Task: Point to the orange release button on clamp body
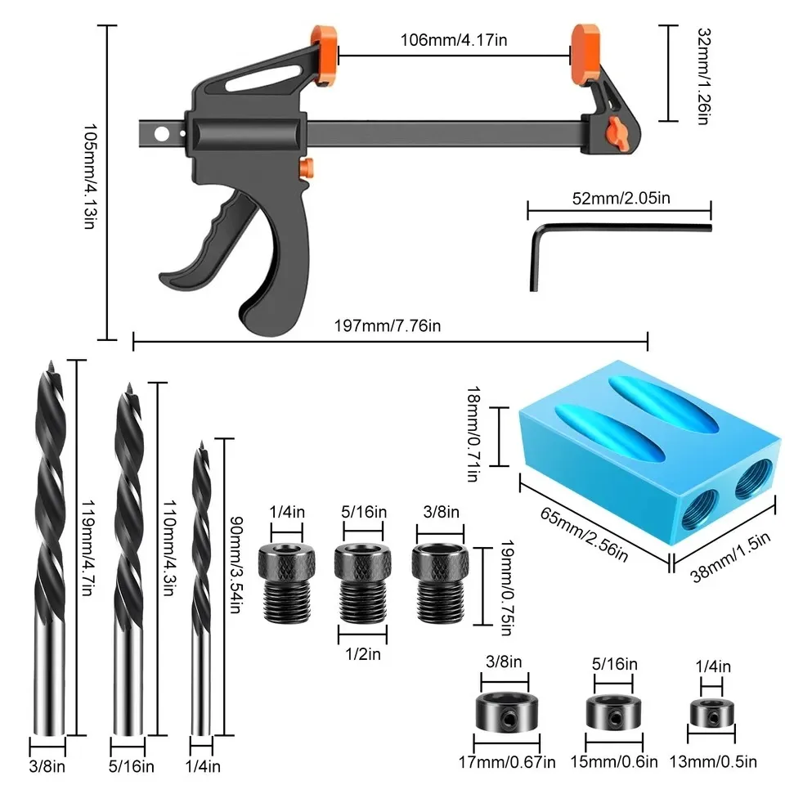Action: [306, 168]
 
